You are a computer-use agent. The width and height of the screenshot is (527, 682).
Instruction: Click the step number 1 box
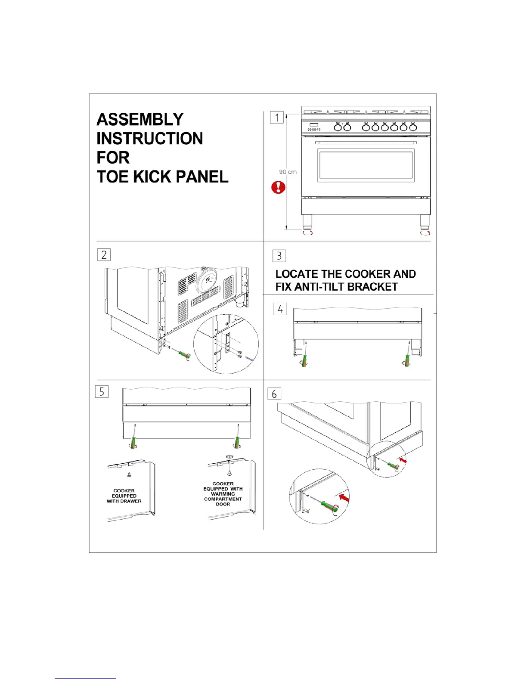coord(277,117)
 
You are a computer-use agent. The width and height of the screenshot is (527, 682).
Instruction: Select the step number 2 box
coord(104,254)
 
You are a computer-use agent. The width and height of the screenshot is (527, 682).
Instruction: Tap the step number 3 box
coord(279,256)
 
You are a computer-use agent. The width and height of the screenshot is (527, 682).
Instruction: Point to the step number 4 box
coord(280,309)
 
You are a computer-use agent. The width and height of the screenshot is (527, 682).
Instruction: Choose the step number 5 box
coord(102,391)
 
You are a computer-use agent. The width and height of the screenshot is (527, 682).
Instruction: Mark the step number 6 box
coord(274,394)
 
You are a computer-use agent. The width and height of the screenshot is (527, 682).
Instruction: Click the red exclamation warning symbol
coord(279,187)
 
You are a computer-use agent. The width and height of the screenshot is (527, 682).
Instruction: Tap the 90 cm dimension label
coord(288,172)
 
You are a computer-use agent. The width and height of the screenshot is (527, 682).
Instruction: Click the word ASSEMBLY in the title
coord(140,119)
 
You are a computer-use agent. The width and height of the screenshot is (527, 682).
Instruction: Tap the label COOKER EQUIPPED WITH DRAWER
coord(124,496)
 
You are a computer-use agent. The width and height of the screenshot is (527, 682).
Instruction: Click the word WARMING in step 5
coord(223,494)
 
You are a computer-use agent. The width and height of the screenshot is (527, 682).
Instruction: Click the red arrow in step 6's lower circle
coord(344,498)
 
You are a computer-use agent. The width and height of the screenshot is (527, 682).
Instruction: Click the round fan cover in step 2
coord(208,281)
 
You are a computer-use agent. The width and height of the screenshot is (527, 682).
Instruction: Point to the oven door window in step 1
coord(366,166)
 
